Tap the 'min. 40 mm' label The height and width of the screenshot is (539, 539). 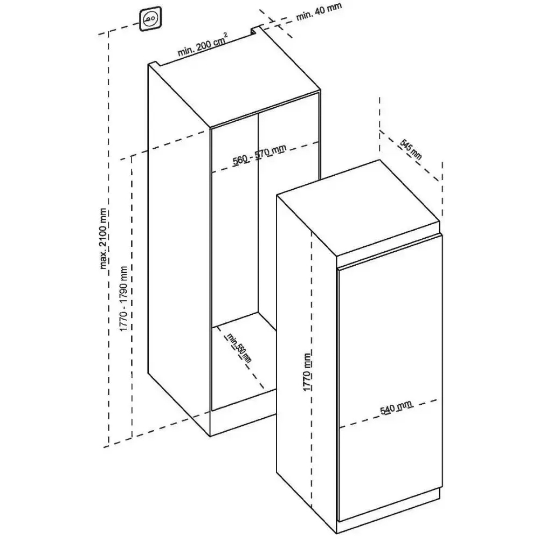(319, 12)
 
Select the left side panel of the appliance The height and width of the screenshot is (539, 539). (305, 350)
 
